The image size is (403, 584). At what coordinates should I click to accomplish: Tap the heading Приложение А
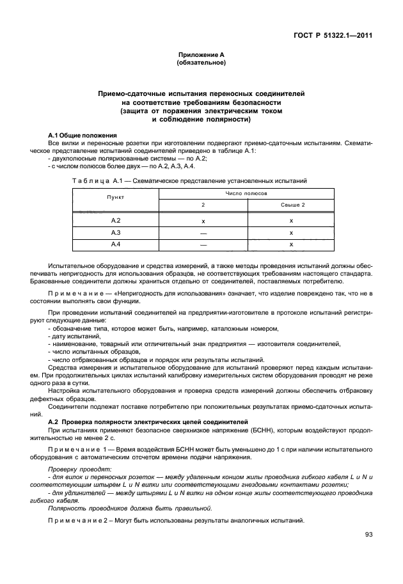point(201,56)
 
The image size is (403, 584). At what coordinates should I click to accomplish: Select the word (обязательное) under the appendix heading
point(201,63)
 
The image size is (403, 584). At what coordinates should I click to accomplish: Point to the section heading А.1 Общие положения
point(83,136)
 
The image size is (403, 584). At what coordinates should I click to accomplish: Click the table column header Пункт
point(116,198)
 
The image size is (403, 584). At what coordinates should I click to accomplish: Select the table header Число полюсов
point(246,192)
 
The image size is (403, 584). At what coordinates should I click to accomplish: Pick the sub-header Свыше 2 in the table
point(292,204)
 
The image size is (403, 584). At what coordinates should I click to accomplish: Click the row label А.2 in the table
point(116,221)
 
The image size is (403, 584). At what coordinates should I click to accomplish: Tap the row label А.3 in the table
point(116,232)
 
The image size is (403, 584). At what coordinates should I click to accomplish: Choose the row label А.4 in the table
point(116,244)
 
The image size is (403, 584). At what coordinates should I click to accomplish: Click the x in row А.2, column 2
point(203,221)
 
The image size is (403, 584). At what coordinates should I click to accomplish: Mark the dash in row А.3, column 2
point(203,233)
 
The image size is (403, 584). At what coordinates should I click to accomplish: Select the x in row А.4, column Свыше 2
point(292,244)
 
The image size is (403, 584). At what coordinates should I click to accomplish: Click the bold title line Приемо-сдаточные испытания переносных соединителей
point(201,94)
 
